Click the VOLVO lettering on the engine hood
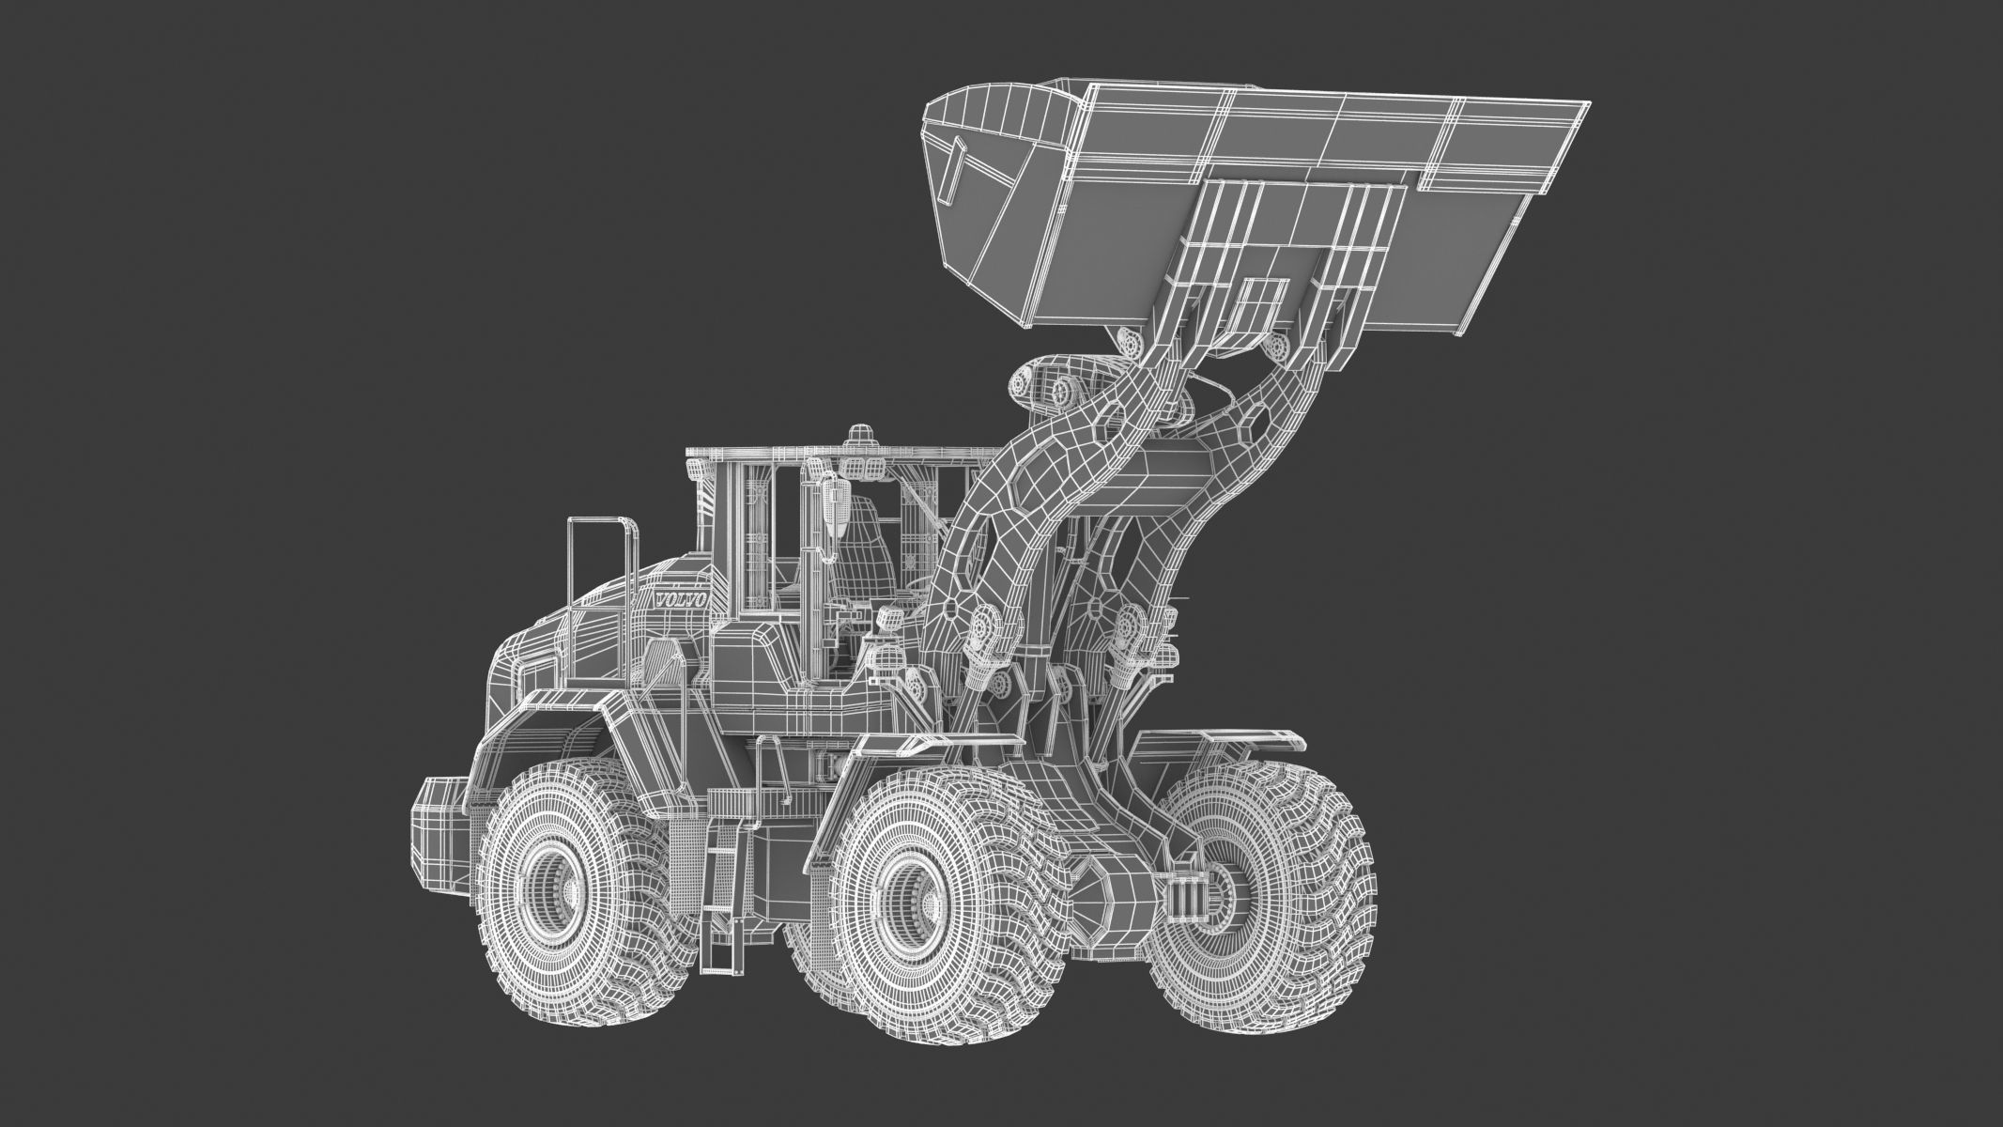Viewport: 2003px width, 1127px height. [682, 599]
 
